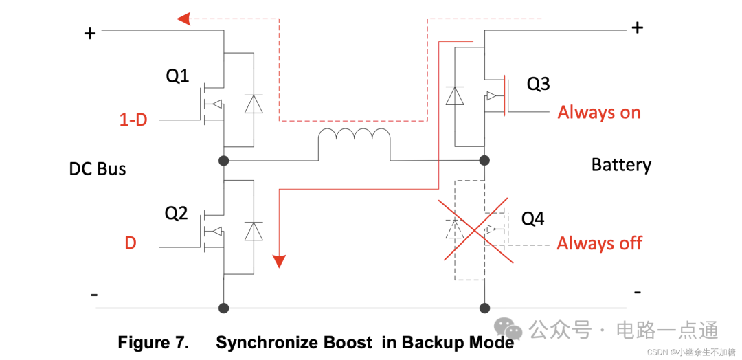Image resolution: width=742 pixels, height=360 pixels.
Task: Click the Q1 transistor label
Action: [x=177, y=76]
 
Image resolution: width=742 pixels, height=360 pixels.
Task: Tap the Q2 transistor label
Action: [x=176, y=214]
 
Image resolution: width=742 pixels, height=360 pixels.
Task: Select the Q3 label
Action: [x=538, y=84]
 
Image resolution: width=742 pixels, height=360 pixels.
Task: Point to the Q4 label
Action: [x=532, y=218]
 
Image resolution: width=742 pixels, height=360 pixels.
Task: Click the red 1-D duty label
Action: [x=133, y=120]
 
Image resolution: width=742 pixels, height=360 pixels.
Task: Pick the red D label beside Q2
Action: [x=130, y=243]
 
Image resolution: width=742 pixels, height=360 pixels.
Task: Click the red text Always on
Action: [x=599, y=112]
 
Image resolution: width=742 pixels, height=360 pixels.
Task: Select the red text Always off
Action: [x=599, y=243]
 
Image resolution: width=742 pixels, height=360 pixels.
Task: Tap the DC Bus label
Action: [x=98, y=169]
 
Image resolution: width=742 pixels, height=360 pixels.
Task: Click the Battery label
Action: [x=621, y=165]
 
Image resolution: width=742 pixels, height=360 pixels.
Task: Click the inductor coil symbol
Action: [x=353, y=142]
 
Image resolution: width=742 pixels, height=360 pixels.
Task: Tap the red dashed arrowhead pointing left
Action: [x=183, y=19]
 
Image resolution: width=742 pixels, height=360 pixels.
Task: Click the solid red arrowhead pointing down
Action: [x=279, y=261]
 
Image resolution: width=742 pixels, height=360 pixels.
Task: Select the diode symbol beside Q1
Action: [x=254, y=104]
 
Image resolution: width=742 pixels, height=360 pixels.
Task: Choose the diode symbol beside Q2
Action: [x=254, y=231]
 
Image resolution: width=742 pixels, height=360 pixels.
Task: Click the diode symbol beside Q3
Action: [x=454, y=95]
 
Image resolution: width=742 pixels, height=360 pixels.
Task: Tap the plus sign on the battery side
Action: [x=638, y=27]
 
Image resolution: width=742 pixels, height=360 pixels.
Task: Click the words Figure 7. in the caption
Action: [x=153, y=343]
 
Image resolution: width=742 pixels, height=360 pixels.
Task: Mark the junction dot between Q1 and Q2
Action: [x=223, y=161]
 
